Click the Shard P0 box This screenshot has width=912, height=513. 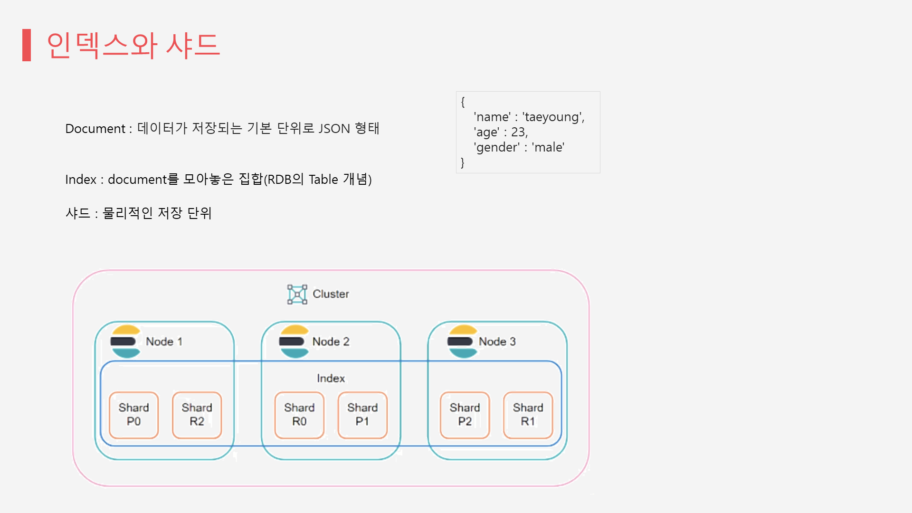pos(133,415)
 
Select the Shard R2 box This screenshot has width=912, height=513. pos(197,415)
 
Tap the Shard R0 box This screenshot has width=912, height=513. pos(299,415)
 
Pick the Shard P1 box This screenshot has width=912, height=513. pos(362,415)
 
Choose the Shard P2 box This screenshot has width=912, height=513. pos(465,415)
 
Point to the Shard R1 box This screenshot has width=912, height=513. pos(528,415)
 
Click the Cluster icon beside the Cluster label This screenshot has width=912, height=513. pos(297,294)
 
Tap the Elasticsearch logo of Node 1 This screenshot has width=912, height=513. pos(125,341)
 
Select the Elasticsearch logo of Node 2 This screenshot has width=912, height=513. pos(294,341)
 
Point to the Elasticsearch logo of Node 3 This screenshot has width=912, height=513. pos(462,341)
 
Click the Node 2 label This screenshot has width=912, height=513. pos(331,342)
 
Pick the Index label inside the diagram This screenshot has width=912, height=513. pos(331,378)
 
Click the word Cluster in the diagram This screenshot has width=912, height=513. pos(331,294)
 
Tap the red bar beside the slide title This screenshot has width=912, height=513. pos(27,45)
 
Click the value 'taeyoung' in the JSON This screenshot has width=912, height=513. pos(553,117)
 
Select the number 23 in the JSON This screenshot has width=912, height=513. pos(518,132)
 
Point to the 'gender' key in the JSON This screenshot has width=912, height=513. pos(497,147)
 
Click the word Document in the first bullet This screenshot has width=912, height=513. pos(95,129)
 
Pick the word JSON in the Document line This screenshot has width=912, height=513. pos(334,129)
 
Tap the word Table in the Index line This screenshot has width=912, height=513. pos(323,180)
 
